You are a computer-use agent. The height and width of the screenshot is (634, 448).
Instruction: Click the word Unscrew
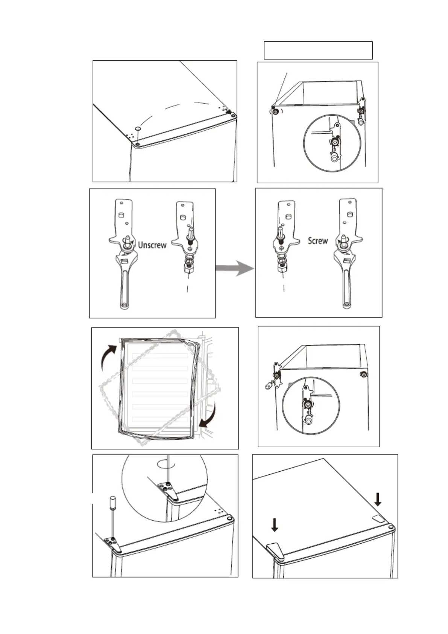152,245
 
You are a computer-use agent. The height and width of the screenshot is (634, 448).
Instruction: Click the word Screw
317,241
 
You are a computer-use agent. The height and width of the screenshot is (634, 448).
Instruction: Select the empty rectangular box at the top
318,50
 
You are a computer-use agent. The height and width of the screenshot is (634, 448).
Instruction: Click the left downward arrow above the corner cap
275,524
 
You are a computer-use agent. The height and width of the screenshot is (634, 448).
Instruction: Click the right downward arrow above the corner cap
378,499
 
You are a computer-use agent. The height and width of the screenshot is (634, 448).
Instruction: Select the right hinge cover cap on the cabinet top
379,518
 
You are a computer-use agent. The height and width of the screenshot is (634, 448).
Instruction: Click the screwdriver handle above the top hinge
111,502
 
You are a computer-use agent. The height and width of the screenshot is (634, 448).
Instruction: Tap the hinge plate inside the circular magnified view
166,489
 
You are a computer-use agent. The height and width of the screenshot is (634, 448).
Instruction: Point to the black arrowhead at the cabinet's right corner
230,112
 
